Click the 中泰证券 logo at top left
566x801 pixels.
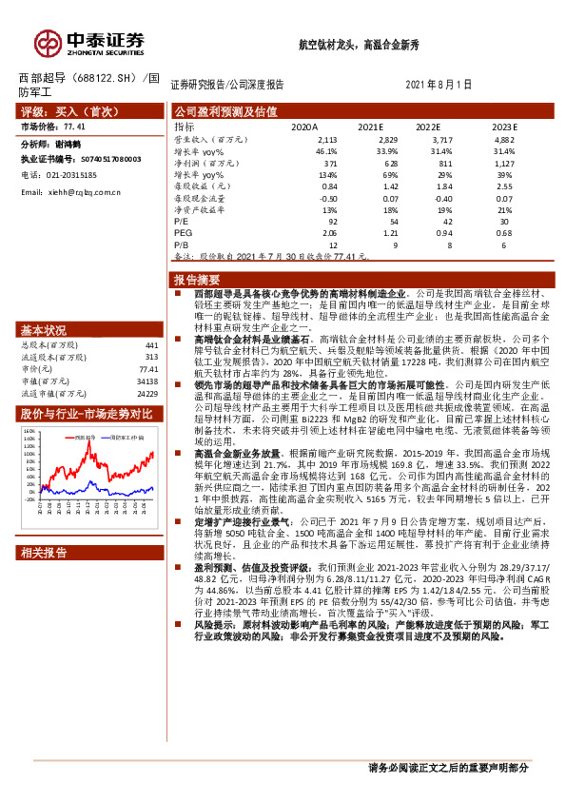[89, 42]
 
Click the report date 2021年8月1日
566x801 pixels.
[439, 85]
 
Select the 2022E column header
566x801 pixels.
[428, 126]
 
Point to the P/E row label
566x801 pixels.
[182, 219]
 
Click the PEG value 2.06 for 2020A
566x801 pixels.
[329, 232]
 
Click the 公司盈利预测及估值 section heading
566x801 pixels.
[225, 111]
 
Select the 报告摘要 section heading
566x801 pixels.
[196, 280]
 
